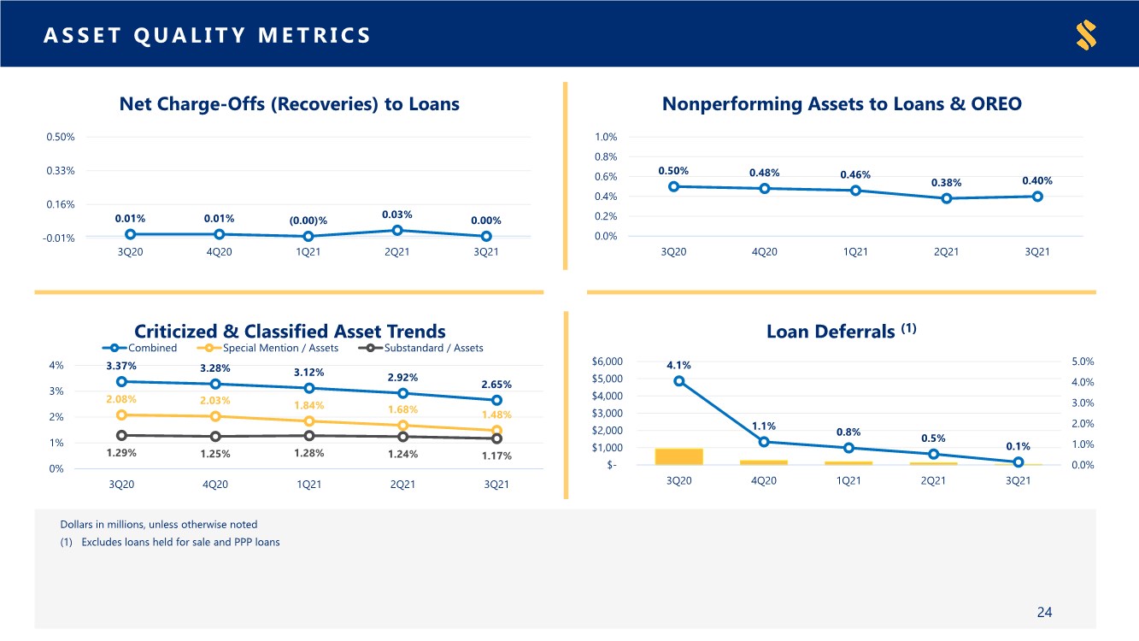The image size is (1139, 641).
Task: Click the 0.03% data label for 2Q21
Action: [x=396, y=215]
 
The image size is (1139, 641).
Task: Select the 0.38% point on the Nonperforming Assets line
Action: [x=946, y=198]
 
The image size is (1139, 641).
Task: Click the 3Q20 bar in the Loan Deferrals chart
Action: [x=678, y=456]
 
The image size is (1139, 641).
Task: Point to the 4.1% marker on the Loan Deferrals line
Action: [x=678, y=381]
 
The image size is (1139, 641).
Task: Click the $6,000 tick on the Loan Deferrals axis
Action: [x=609, y=362]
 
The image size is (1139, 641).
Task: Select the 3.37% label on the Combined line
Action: [x=121, y=366]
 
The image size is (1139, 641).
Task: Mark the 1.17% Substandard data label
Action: [x=496, y=456]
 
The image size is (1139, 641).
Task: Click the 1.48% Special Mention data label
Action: [x=496, y=415]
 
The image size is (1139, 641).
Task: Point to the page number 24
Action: [x=1044, y=612]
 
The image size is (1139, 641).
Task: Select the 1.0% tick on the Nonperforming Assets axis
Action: [x=606, y=137]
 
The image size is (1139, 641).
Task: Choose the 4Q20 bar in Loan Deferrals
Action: [x=764, y=462]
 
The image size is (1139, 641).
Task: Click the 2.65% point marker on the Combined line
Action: [x=496, y=400]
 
